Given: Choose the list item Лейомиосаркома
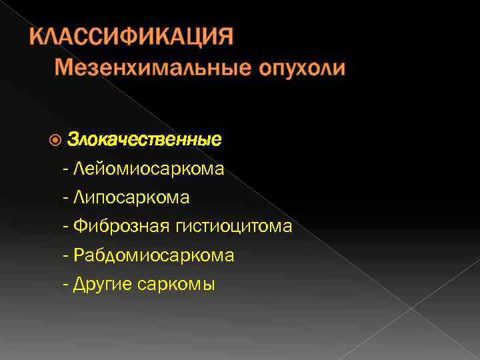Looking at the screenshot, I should (149, 169).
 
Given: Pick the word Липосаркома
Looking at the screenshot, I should (132, 197).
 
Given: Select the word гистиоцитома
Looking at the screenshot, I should (234, 227).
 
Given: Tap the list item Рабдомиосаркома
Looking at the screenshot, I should (154, 255).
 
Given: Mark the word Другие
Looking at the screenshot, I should (103, 285).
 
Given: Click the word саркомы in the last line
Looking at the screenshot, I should (176, 285).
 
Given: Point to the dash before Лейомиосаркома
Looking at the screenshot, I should (65, 169).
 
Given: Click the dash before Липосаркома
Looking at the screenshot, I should (65, 197).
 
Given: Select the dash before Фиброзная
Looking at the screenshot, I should (65, 227).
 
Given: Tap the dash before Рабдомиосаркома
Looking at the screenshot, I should (65, 255).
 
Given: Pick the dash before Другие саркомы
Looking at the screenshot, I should (65, 285).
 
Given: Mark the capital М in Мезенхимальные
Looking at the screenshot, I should (63, 68).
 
